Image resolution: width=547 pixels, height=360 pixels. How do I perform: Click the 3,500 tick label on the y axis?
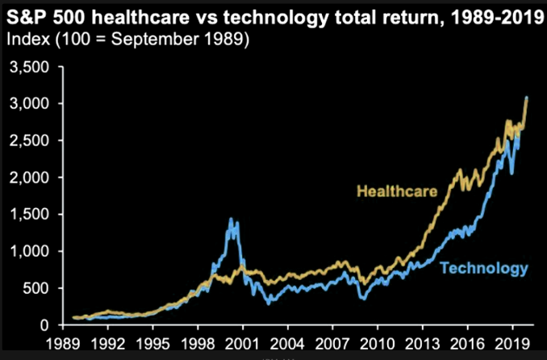pos(25,67)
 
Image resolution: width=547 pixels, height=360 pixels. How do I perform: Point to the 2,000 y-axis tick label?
pos(25,178)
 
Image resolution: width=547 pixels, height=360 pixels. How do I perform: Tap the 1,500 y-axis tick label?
pos(25,215)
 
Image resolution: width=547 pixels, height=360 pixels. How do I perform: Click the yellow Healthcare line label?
pos(395,192)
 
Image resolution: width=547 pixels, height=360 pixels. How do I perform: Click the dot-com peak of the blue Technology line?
pos(232,220)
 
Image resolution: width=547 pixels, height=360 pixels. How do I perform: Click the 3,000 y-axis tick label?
pos(25,104)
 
